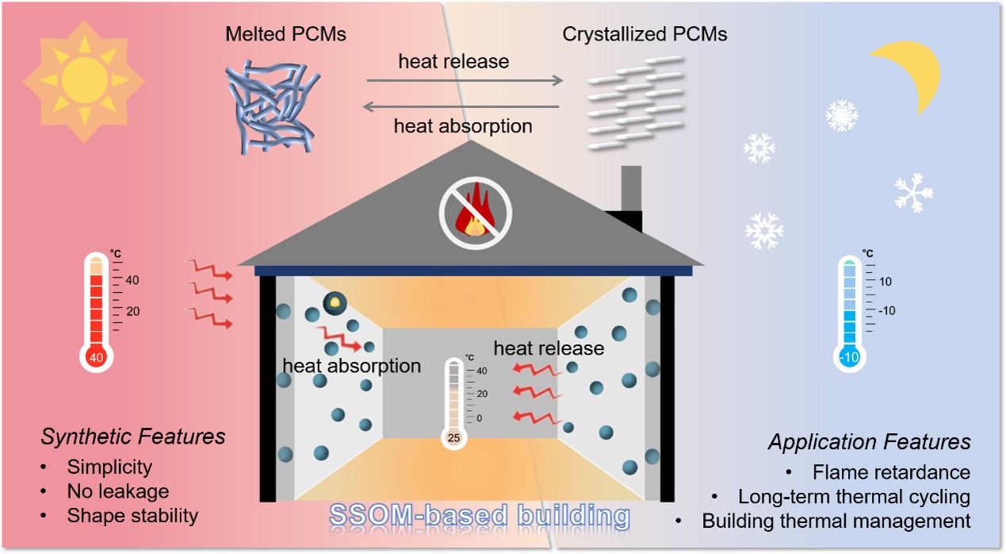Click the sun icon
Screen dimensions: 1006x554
pos(84,82)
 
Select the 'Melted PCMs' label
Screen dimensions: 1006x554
pos(285,34)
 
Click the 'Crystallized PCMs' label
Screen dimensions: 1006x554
pos(645,34)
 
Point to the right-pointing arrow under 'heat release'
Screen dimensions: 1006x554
pos(465,80)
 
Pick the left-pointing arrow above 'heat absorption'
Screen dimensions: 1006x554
pos(461,106)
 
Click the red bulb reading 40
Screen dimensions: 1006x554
pos(96,357)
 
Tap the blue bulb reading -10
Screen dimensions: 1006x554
pos(849,357)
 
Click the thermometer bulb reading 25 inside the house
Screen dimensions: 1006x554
pos(453,437)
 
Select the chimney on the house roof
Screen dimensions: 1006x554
pos(631,197)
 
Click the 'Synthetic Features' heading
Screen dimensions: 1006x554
pos(133,437)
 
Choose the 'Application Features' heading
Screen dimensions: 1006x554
pos(870,441)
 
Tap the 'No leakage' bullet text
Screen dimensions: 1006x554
pos(118,491)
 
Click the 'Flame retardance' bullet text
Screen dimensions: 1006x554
pos(892,472)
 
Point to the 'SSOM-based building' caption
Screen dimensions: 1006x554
pos(480,515)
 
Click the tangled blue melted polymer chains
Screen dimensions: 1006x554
pos(272,107)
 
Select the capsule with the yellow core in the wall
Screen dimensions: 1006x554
pos(335,303)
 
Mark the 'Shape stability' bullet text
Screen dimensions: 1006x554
pos(132,516)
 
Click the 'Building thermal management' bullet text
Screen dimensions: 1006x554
pos(836,521)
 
